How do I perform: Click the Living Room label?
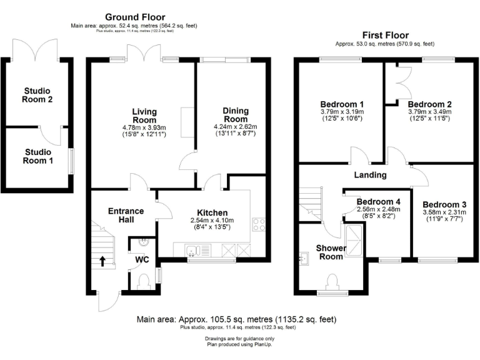pyautogui.click(x=144, y=116)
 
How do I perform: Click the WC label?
pyautogui.click(x=143, y=258)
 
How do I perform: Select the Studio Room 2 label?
pyautogui.click(x=36, y=95)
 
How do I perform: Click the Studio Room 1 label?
pyautogui.click(x=39, y=156)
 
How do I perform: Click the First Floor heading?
pyautogui.click(x=384, y=36)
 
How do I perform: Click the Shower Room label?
pyautogui.click(x=330, y=252)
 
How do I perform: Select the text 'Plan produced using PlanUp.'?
pyautogui.click(x=239, y=344)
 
